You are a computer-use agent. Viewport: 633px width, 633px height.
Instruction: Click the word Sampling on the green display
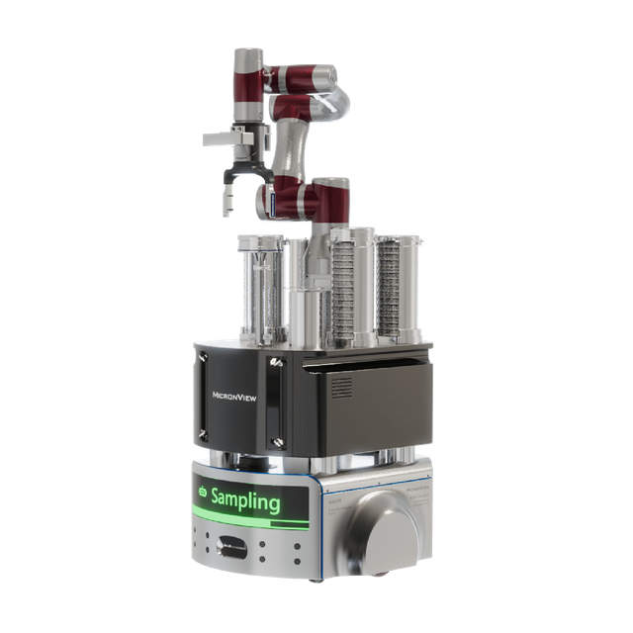point(245,500)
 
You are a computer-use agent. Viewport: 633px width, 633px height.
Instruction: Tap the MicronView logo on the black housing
point(237,394)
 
